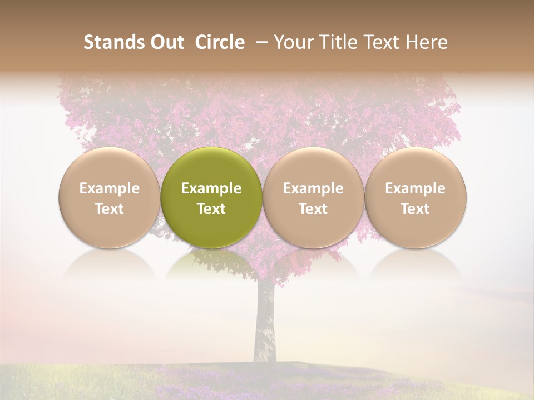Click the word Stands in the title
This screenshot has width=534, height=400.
[110, 42]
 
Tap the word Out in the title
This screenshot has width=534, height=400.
[165, 42]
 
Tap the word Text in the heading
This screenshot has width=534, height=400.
[384, 42]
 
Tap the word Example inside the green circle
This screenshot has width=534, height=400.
[211, 188]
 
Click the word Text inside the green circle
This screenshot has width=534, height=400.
[211, 209]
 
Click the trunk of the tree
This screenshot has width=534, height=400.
[265, 328]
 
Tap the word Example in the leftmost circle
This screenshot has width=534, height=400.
[109, 188]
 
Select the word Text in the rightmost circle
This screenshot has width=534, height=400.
[416, 209]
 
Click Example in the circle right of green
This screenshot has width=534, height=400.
[313, 188]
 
